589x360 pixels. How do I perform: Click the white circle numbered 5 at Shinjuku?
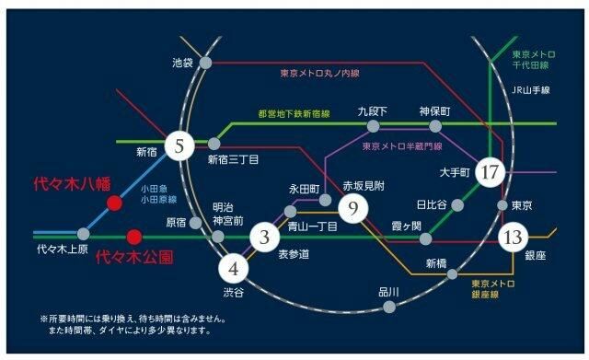coord(180,144)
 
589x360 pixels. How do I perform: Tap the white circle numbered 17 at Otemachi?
coord(491,172)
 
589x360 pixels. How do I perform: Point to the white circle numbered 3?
coord(264,238)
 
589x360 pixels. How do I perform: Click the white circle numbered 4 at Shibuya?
coord(234,269)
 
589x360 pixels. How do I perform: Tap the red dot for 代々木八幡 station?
coord(114,203)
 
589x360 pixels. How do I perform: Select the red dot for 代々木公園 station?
coord(134,236)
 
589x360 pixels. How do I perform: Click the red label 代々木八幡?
coord(71,182)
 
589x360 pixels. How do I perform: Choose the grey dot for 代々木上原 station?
coord(84,234)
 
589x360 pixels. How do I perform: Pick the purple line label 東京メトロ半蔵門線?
coord(402,145)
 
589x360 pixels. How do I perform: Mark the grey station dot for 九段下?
coord(373,126)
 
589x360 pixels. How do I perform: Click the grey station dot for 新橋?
coord(451,275)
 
